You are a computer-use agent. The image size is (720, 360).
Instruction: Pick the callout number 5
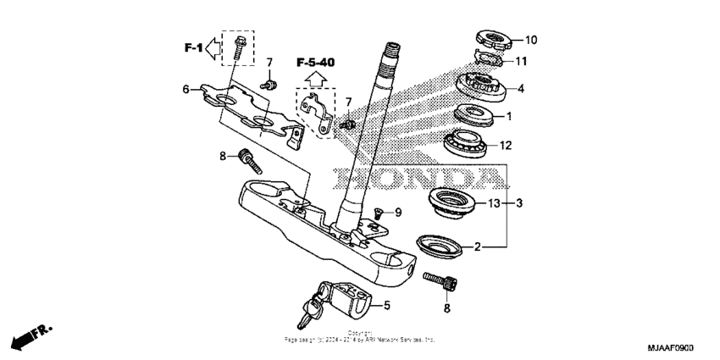point(385,304)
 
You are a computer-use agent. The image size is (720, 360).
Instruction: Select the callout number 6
point(186,89)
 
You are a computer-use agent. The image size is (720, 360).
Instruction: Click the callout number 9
point(397,211)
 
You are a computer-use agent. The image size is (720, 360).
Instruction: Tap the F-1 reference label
point(193,47)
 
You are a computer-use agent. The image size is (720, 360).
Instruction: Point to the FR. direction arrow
point(28,338)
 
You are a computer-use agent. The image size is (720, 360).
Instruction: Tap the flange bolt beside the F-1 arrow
point(239,46)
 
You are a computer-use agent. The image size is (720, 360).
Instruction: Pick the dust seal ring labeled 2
point(439,246)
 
